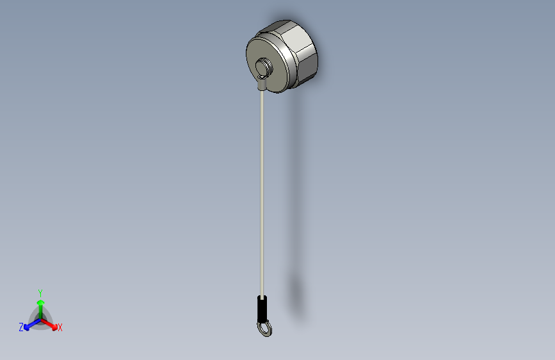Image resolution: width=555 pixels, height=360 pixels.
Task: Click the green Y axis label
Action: point(40,292)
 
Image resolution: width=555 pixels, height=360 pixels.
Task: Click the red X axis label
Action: point(60,328)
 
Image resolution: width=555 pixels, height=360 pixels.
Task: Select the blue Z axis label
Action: point(21,327)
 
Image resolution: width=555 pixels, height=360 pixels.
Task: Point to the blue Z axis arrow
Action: point(29,324)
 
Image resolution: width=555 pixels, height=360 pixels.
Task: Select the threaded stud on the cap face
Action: point(263,66)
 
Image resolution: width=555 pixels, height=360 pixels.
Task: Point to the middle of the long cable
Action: point(261,192)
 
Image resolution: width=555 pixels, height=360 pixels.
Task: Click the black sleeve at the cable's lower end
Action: point(261,309)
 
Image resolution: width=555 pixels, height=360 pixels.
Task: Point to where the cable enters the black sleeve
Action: point(261,296)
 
